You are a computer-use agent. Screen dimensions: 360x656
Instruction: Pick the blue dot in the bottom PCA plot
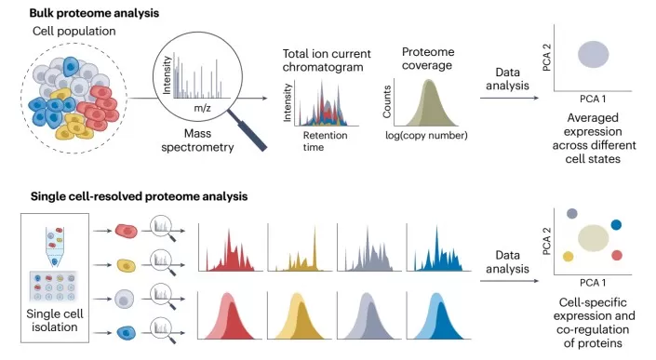point(616,224)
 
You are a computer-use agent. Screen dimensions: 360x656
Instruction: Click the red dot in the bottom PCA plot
point(617,255)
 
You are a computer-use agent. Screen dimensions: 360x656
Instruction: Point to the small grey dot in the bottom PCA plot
point(571,214)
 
